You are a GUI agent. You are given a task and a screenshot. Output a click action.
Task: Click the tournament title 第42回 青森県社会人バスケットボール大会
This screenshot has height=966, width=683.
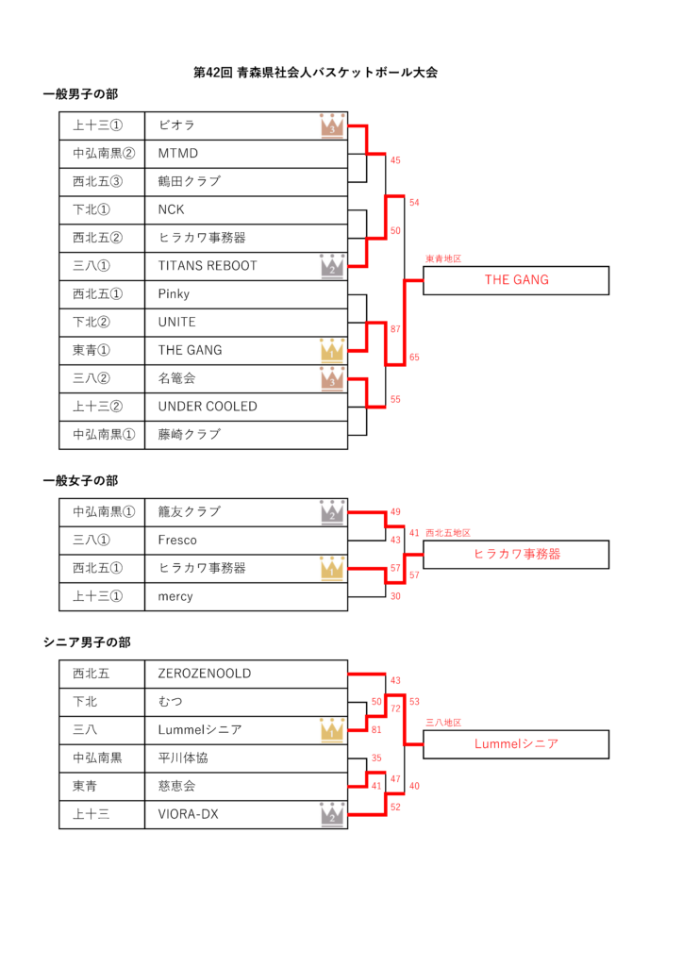pyautogui.click(x=315, y=72)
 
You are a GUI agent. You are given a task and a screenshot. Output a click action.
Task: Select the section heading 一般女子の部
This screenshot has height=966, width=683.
pyautogui.click(x=80, y=481)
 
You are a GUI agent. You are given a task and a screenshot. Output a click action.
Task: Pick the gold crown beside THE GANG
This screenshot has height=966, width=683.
pyautogui.click(x=332, y=351)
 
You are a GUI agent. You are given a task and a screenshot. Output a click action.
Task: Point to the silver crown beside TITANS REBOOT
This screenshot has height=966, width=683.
pyautogui.click(x=332, y=266)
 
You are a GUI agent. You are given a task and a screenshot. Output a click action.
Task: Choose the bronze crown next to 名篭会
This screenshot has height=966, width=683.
pyautogui.click(x=332, y=379)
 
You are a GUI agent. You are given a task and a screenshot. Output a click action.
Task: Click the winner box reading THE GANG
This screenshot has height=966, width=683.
pyautogui.click(x=516, y=280)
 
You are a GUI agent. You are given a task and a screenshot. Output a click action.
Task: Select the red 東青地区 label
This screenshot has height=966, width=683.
pyautogui.click(x=443, y=258)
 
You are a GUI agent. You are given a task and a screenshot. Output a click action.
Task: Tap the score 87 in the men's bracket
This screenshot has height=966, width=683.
pyautogui.click(x=395, y=329)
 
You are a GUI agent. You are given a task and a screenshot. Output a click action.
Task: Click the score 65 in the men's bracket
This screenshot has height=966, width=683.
pyautogui.click(x=415, y=358)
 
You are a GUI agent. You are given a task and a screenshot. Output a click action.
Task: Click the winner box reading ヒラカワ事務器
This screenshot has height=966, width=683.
pyautogui.click(x=516, y=555)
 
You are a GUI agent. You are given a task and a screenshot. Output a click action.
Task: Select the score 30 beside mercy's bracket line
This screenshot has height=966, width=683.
pyautogui.click(x=395, y=596)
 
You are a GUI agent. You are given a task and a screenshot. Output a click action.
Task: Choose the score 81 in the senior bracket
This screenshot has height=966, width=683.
pyautogui.click(x=377, y=729)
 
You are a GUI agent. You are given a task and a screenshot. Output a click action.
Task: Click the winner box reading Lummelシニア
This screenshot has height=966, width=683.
pyautogui.click(x=516, y=744)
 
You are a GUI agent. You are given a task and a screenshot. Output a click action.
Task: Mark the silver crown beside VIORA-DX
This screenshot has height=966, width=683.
pyautogui.click(x=332, y=813)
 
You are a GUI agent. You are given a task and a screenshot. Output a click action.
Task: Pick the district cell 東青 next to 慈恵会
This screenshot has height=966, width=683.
pyautogui.click(x=92, y=786)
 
